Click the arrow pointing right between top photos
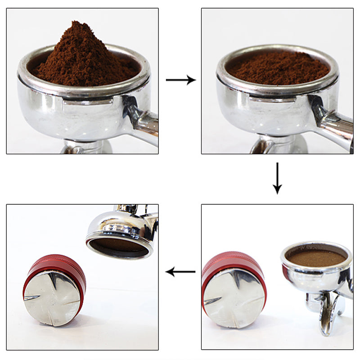180,80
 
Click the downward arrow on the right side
277,178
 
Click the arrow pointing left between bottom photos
180,272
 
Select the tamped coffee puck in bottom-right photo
317,257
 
